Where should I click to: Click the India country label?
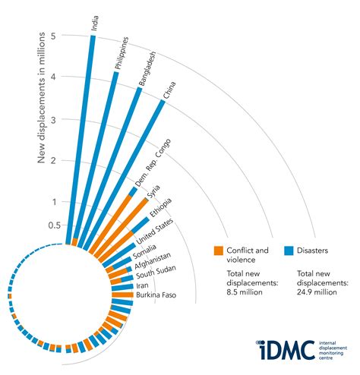(93, 24)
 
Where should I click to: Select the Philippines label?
(122, 54)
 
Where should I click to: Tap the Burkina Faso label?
(156, 295)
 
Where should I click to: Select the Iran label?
(142, 285)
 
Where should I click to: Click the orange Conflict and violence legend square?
(218, 250)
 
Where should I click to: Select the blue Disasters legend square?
(289, 250)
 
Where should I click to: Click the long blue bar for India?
(82, 137)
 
